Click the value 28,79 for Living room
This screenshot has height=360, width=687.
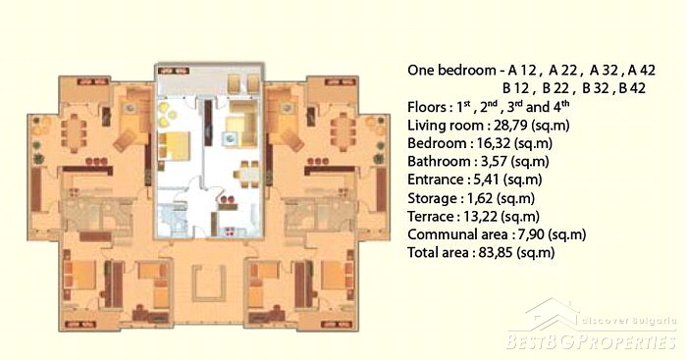pyautogui.click(x=507, y=126)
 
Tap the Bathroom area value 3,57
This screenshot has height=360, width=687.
pyautogui.click(x=495, y=162)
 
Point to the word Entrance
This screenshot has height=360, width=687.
pyautogui.click(x=435, y=180)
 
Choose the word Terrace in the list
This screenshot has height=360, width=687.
pyautogui.click(x=431, y=217)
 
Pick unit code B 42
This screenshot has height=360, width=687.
pyautogui.click(x=632, y=88)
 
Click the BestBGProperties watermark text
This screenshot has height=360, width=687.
pyautogui.click(x=591, y=341)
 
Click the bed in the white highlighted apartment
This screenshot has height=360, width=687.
pyautogui.click(x=175, y=145)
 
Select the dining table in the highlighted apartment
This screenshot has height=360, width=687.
pyautogui.click(x=246, y=174)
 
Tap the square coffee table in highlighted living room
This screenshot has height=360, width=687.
pyautogui.click(x=230, y=138)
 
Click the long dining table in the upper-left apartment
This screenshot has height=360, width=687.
pyautogui.click(x=74, y=132)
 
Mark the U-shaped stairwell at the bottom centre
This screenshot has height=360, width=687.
pyautogui.click(x=209, y=283)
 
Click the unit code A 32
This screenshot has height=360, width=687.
pyautogui.click(x=607, y=70)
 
